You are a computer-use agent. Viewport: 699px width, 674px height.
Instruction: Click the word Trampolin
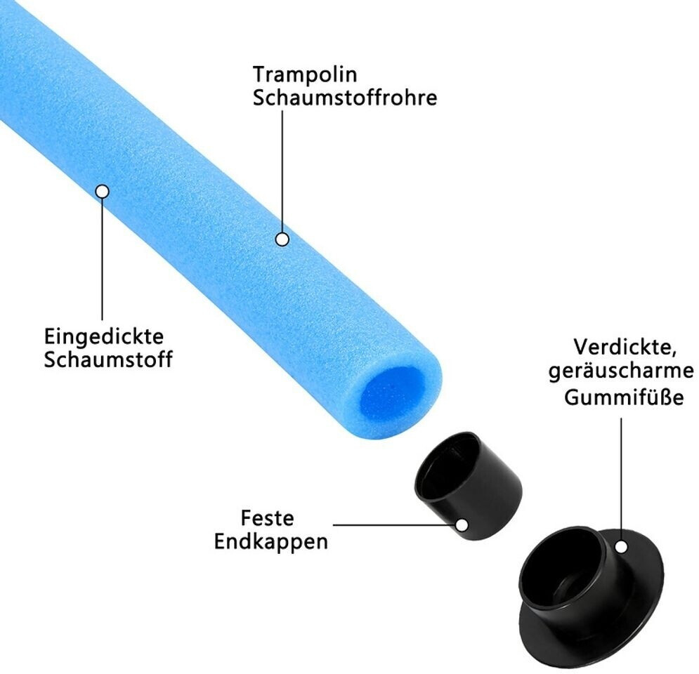tap(305, 74)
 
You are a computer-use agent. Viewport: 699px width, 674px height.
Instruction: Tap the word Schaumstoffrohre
tap(345, 98)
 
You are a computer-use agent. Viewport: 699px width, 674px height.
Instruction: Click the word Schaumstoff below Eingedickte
tap(108, 359)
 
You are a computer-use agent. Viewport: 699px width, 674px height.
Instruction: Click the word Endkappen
tap(272, 543)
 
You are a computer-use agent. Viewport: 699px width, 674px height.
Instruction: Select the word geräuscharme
tap(621, 372)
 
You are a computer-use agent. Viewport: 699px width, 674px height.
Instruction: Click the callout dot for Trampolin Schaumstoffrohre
tap(282, 239)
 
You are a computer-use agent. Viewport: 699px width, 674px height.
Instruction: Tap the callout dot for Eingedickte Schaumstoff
tap(103, 191)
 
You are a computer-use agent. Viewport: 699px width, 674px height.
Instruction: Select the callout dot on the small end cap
tap(462, 524)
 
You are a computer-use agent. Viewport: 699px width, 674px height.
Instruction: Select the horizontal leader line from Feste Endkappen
tap(393, 524)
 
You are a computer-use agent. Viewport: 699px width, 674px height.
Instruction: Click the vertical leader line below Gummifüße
tap(621, 477)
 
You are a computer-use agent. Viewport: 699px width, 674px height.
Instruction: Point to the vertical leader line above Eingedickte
tap(103, 260)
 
